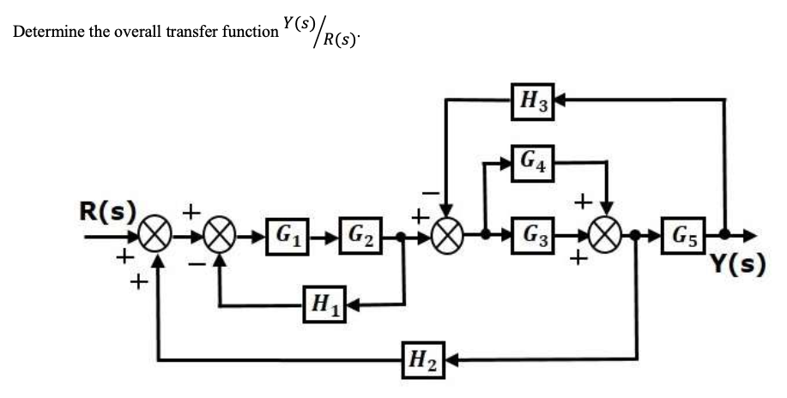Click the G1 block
pos(288,233)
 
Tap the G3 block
pos(533,233)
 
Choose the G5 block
pos(686,233)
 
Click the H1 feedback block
pos(324,303)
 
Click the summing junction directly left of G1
pos(221,234)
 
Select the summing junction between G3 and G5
pos(608,234)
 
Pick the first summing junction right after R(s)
pos(158,234)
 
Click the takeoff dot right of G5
pos(725,233)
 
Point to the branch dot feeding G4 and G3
pos(486,233)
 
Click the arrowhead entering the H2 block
pos(451,360)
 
